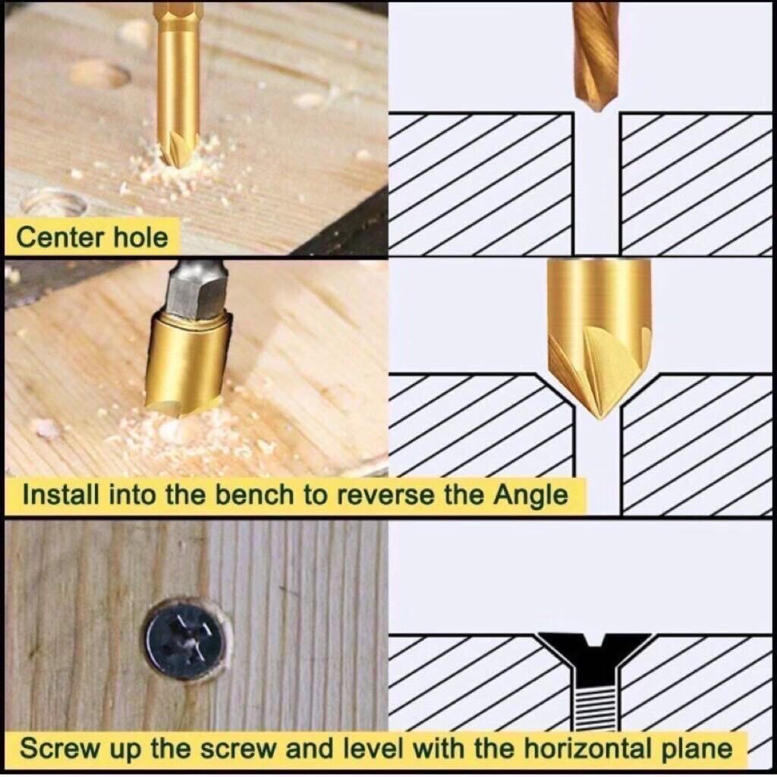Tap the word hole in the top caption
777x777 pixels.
point(141,237)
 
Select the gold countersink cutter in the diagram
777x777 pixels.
point(599,337)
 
